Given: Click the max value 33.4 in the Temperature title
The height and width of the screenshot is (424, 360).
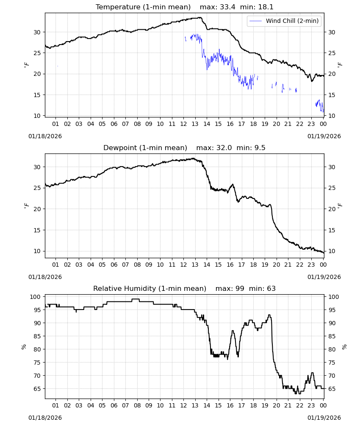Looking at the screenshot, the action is [x=227, y=7].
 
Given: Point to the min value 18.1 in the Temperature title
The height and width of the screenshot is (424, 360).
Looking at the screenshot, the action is [x=266, y=7].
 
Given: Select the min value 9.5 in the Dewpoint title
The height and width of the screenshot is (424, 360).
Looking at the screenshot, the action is [x=260, y=148].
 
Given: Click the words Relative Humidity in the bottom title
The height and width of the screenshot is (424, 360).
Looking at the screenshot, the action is [x=125, y=288].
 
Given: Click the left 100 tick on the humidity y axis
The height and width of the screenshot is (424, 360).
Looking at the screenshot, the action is [x=36, y=297].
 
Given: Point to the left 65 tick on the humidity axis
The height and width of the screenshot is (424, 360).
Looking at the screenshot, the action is [x=37, y=389].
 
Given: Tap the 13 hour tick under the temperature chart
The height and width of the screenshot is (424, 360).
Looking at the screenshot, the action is [x=195, y=124].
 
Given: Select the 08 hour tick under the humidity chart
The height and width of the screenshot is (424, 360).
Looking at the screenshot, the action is [x=137, y=405].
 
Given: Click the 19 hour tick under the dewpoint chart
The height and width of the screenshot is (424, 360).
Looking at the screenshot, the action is [x=265, y=265].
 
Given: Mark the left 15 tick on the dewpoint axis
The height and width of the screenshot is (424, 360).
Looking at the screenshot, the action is [x=37, y=230].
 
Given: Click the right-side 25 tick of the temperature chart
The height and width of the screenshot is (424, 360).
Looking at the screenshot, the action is [x=332, y=53].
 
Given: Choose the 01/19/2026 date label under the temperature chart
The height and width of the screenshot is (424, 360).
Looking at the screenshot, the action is [x=324, y=136].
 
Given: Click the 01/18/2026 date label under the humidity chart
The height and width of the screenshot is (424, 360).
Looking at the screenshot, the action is [x=45, y=418].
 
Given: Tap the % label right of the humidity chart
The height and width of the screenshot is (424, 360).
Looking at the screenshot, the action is [x=344, y=347].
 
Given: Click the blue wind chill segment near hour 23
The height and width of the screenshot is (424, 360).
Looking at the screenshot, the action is [x=320, y=106].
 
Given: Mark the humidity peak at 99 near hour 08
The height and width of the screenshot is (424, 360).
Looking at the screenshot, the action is [x=136, y=299].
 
